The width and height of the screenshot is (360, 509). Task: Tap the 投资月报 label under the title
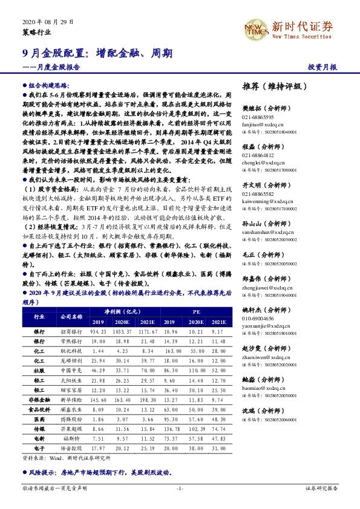point(322,67)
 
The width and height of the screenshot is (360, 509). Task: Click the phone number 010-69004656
point(258,318)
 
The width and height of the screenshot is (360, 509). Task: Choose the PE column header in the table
point(196,311)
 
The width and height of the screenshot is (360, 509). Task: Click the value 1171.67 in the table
point(148,332)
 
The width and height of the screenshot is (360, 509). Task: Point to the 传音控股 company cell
point(71,448)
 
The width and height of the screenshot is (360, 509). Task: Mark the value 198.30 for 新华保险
point(148,400)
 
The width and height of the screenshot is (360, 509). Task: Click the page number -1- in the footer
point(179,488)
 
